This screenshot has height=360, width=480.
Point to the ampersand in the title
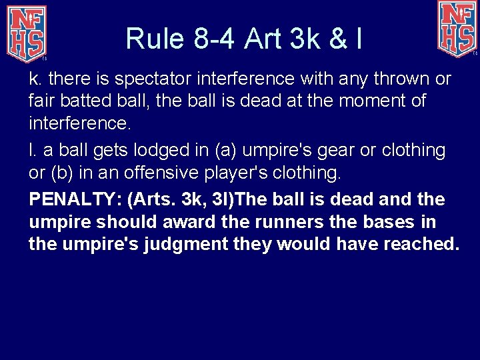(337, 39)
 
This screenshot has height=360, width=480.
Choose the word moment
(364, 102)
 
